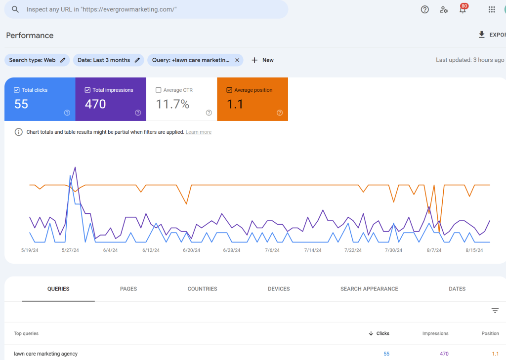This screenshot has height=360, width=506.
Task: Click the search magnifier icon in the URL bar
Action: [x=15, y=9]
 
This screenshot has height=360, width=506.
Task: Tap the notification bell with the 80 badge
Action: [x=463, y=10]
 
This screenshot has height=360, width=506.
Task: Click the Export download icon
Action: [x=482, y=35]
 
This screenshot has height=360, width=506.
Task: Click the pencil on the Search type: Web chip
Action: [x=63, y=60]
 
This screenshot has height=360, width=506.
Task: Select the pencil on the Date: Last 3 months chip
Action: [x=137, y=60]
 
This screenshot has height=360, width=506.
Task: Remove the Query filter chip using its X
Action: [x=237, y=60]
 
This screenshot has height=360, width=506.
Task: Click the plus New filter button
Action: [x=262, y=60]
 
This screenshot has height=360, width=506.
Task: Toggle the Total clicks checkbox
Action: [x=17, y=90]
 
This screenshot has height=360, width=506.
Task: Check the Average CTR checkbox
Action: [x=159, y=90]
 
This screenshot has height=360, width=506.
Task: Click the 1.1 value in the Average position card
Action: [x=235, y=104]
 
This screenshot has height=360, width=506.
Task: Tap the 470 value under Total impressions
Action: [x=95, y=104]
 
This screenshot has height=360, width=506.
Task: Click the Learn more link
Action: [x=199, y=132]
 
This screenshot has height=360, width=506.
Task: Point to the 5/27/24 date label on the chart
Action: [x=70, y=250]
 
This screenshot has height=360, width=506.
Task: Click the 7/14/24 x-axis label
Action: [x=312, y=250]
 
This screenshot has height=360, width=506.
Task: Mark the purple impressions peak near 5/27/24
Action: [x=75, y=167]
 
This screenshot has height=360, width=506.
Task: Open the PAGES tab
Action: [x=128, y=289]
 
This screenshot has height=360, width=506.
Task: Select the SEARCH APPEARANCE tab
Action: [x=369, y=289]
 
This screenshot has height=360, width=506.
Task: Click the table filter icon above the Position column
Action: [x=495, y=311]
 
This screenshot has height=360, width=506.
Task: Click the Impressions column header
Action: [x=435, y=334]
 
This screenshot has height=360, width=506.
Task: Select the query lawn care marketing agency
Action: [x=45, y=354]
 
